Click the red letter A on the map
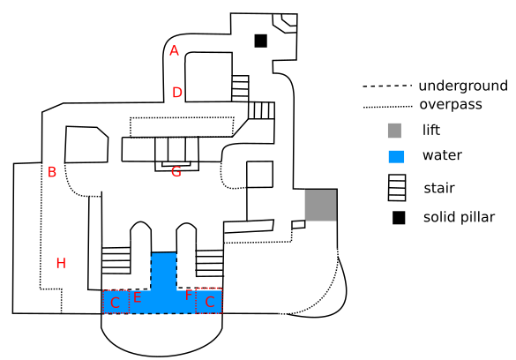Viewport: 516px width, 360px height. (x=174, y=50)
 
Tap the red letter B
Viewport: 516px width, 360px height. (x=52, y=172)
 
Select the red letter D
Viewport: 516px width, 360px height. (x=177, y=92)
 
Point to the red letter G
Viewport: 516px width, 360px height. (x=176, y=171)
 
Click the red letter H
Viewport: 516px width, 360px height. (x=61, y=263)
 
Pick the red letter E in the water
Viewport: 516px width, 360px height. (x=138, y=297)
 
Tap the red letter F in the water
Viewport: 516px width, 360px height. (x=188, y=296)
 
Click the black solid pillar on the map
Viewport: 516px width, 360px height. (x=260, y=41)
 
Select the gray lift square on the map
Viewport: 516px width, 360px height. (x=321, y=205)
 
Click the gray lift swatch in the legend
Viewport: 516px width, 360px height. (x=394, y=131)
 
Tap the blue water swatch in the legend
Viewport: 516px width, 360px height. (x=396, y=157)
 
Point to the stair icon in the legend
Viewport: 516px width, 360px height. (x=397, y=188)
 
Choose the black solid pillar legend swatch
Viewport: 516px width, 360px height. (x=399, y=218)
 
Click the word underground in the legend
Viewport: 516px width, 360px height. (x=463, y=86)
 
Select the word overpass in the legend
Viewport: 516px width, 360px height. (x=451, y=105)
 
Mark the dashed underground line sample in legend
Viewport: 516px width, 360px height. (x=387, y=86)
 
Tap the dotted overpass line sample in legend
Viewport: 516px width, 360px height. (x=387, y=107)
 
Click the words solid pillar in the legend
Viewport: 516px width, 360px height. (x=459, y=217)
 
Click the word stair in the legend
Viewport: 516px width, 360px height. (x=439, y=188)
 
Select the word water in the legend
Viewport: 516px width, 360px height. (x=442, y=155)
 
